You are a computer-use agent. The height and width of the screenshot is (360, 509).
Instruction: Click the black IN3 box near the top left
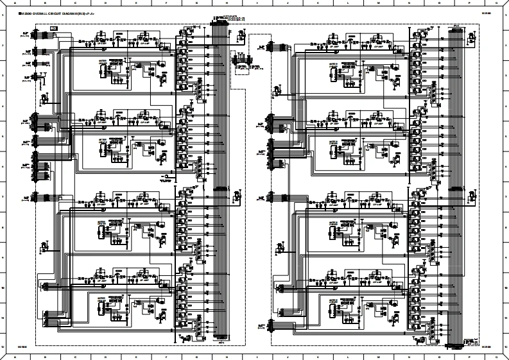point(54,28)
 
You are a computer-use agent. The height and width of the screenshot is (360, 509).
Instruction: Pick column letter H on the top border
point(227,3)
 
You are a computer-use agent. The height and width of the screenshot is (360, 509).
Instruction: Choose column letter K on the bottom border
point(318,357)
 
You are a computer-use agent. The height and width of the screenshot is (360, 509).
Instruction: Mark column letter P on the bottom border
point(470,357)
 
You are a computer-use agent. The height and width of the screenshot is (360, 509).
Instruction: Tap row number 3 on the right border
point(506,76)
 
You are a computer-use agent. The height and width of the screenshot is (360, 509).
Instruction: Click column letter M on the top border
point(379,3)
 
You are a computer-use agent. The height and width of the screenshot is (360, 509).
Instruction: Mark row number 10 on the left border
point(3,287)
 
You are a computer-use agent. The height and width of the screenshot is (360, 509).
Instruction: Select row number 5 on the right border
point(506,136)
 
